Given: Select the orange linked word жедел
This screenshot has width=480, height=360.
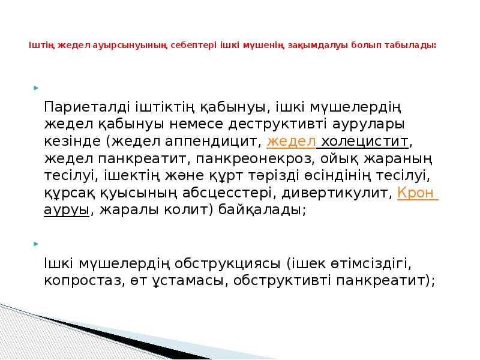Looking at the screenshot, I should [291, 142].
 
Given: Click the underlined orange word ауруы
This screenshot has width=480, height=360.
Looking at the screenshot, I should [66, 211].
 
